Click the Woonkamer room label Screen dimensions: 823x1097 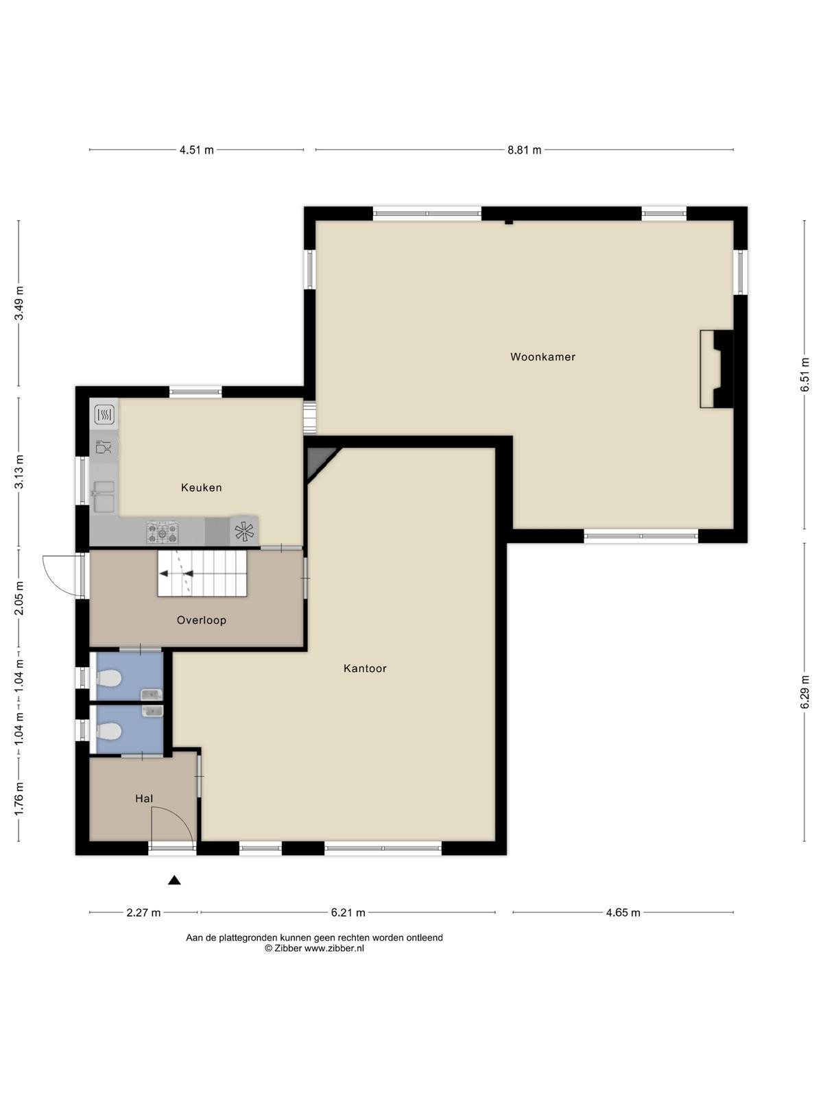(542, 357)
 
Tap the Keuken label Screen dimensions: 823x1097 (202, 487)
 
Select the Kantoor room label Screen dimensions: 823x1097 (365, 668)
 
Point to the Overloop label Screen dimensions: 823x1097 (202, 620)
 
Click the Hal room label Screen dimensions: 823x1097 (144, 799)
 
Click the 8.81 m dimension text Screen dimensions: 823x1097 (524, 150)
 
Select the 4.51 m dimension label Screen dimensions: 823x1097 (196, 150)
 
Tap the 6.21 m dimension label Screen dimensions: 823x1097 (348, 913)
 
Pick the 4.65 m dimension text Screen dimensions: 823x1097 (623, 913)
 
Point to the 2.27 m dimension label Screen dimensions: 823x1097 (143, 913)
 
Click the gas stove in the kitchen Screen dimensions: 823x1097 (162, 532)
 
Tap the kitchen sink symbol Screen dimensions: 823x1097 (104, 496)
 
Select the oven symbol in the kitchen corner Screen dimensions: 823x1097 (104, 414)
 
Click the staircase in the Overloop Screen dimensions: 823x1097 (202, 574)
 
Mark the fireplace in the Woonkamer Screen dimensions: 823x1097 (717, 370)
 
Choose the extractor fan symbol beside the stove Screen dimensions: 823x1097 (244, 531)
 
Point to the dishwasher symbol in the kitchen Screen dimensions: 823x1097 (104, 446)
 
